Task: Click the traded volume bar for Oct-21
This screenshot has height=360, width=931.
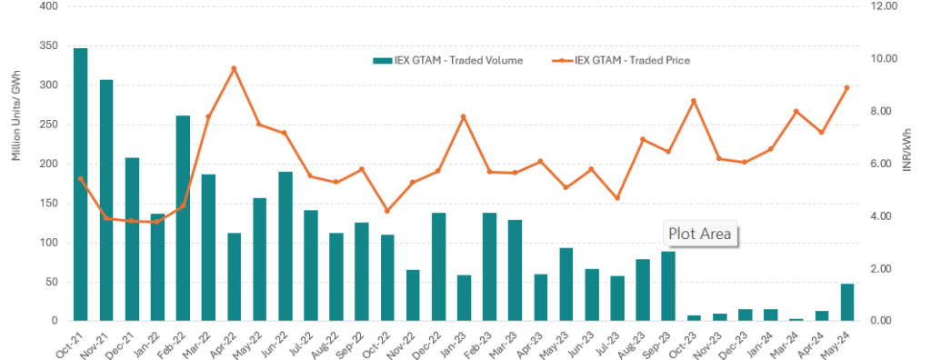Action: coord(80,185)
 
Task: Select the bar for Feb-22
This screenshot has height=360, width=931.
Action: coord(183,218)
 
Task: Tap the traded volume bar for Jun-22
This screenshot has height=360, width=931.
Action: coord(285,246)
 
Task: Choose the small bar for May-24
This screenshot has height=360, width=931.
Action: coord(847,303)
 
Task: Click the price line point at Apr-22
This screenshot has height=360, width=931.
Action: coord(234,68)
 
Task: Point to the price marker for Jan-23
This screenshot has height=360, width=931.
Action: coord(464,116)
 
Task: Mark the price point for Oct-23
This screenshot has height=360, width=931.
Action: coord(694,101)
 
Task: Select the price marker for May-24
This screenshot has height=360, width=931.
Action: coord(846,88)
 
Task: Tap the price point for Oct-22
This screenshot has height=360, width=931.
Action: coord(387,211)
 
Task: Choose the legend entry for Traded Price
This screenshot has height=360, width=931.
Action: coord(621,60)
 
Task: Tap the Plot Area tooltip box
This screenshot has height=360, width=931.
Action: coord(699,234)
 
